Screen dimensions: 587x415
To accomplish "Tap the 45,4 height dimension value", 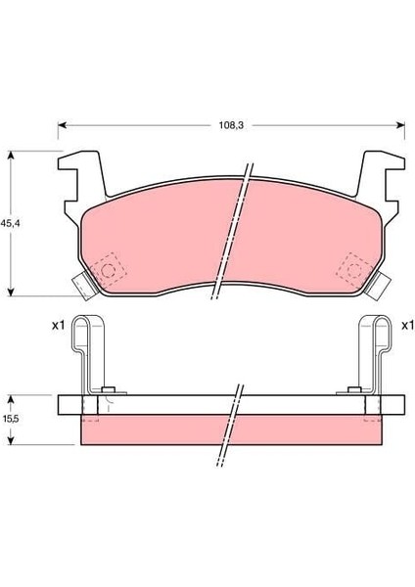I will [x=11, y=223].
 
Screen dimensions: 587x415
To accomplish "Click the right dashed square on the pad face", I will [x=350, y=265].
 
